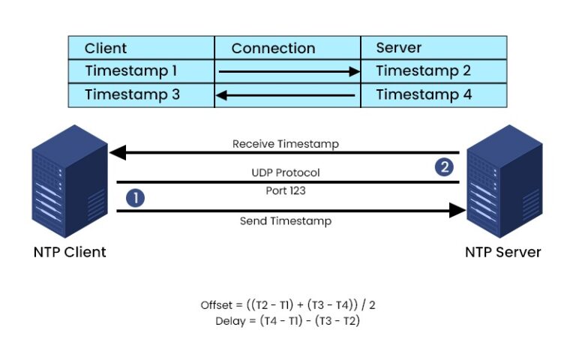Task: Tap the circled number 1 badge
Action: pos(135,198)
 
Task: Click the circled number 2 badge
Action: pos(445,166)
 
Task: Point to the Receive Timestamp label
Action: pos(285,143)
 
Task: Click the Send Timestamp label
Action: pos(285,221)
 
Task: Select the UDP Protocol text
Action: pos(285,172)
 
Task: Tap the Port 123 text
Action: pos(285,190)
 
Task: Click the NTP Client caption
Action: pos(70,252)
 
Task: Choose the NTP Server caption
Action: pos(502,252)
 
